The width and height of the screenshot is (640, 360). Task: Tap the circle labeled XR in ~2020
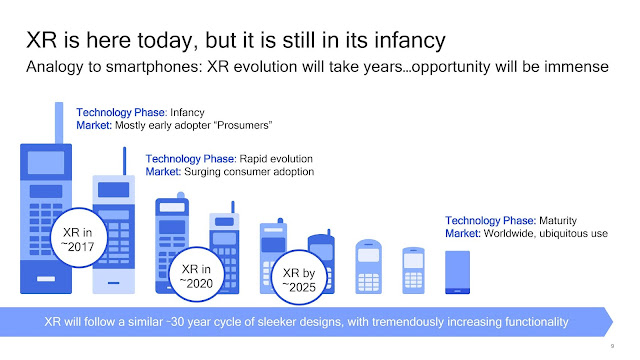[196, 275]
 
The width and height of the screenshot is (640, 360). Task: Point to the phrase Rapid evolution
[275, 158]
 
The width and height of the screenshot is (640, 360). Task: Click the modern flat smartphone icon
[457, 270]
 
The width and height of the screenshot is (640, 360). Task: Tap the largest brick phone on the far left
[46, 220]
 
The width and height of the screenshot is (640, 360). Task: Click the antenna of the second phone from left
[123, 160]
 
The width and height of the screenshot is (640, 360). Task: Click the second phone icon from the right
[413, 270]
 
